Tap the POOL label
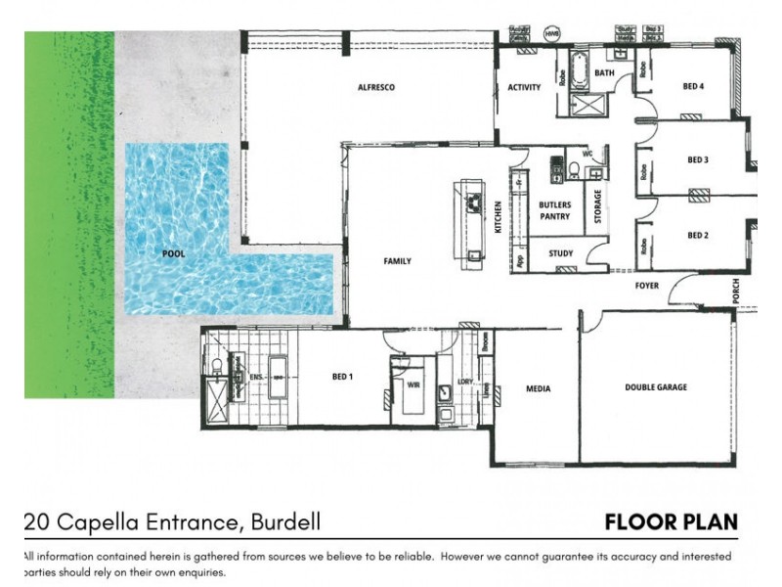tap(174, 253)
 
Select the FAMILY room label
tap(397, 261)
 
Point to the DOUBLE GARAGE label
tap(656, 387)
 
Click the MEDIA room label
tap(538, 388)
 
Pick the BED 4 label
tap(693, 87)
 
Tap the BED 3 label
tap(697, 159)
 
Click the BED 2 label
tap(697, 235)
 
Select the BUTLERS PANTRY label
tap(555, 210)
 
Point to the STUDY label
tap(560, 253)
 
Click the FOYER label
tap(647, 286)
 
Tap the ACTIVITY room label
tap(524, 88)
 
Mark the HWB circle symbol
tap(552, 34)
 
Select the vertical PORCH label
tap(735, 291)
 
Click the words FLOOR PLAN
tap(671, 521)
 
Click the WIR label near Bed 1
tap(413, 384)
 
